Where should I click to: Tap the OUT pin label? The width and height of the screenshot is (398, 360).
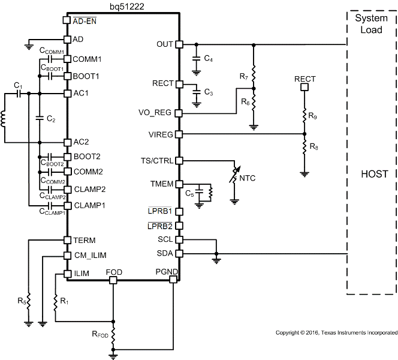(164, 44)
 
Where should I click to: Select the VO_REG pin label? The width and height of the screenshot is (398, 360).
(157, 113)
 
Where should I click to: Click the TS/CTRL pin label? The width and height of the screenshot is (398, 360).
(157, 160)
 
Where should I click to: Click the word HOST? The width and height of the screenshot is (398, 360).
(374, 174)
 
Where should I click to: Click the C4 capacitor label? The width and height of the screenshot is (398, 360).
(208, 59)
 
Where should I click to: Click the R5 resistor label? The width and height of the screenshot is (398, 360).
(22, 301)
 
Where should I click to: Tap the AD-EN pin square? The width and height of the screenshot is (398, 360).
(67, 20)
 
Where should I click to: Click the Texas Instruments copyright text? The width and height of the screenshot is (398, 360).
(335, 332)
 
